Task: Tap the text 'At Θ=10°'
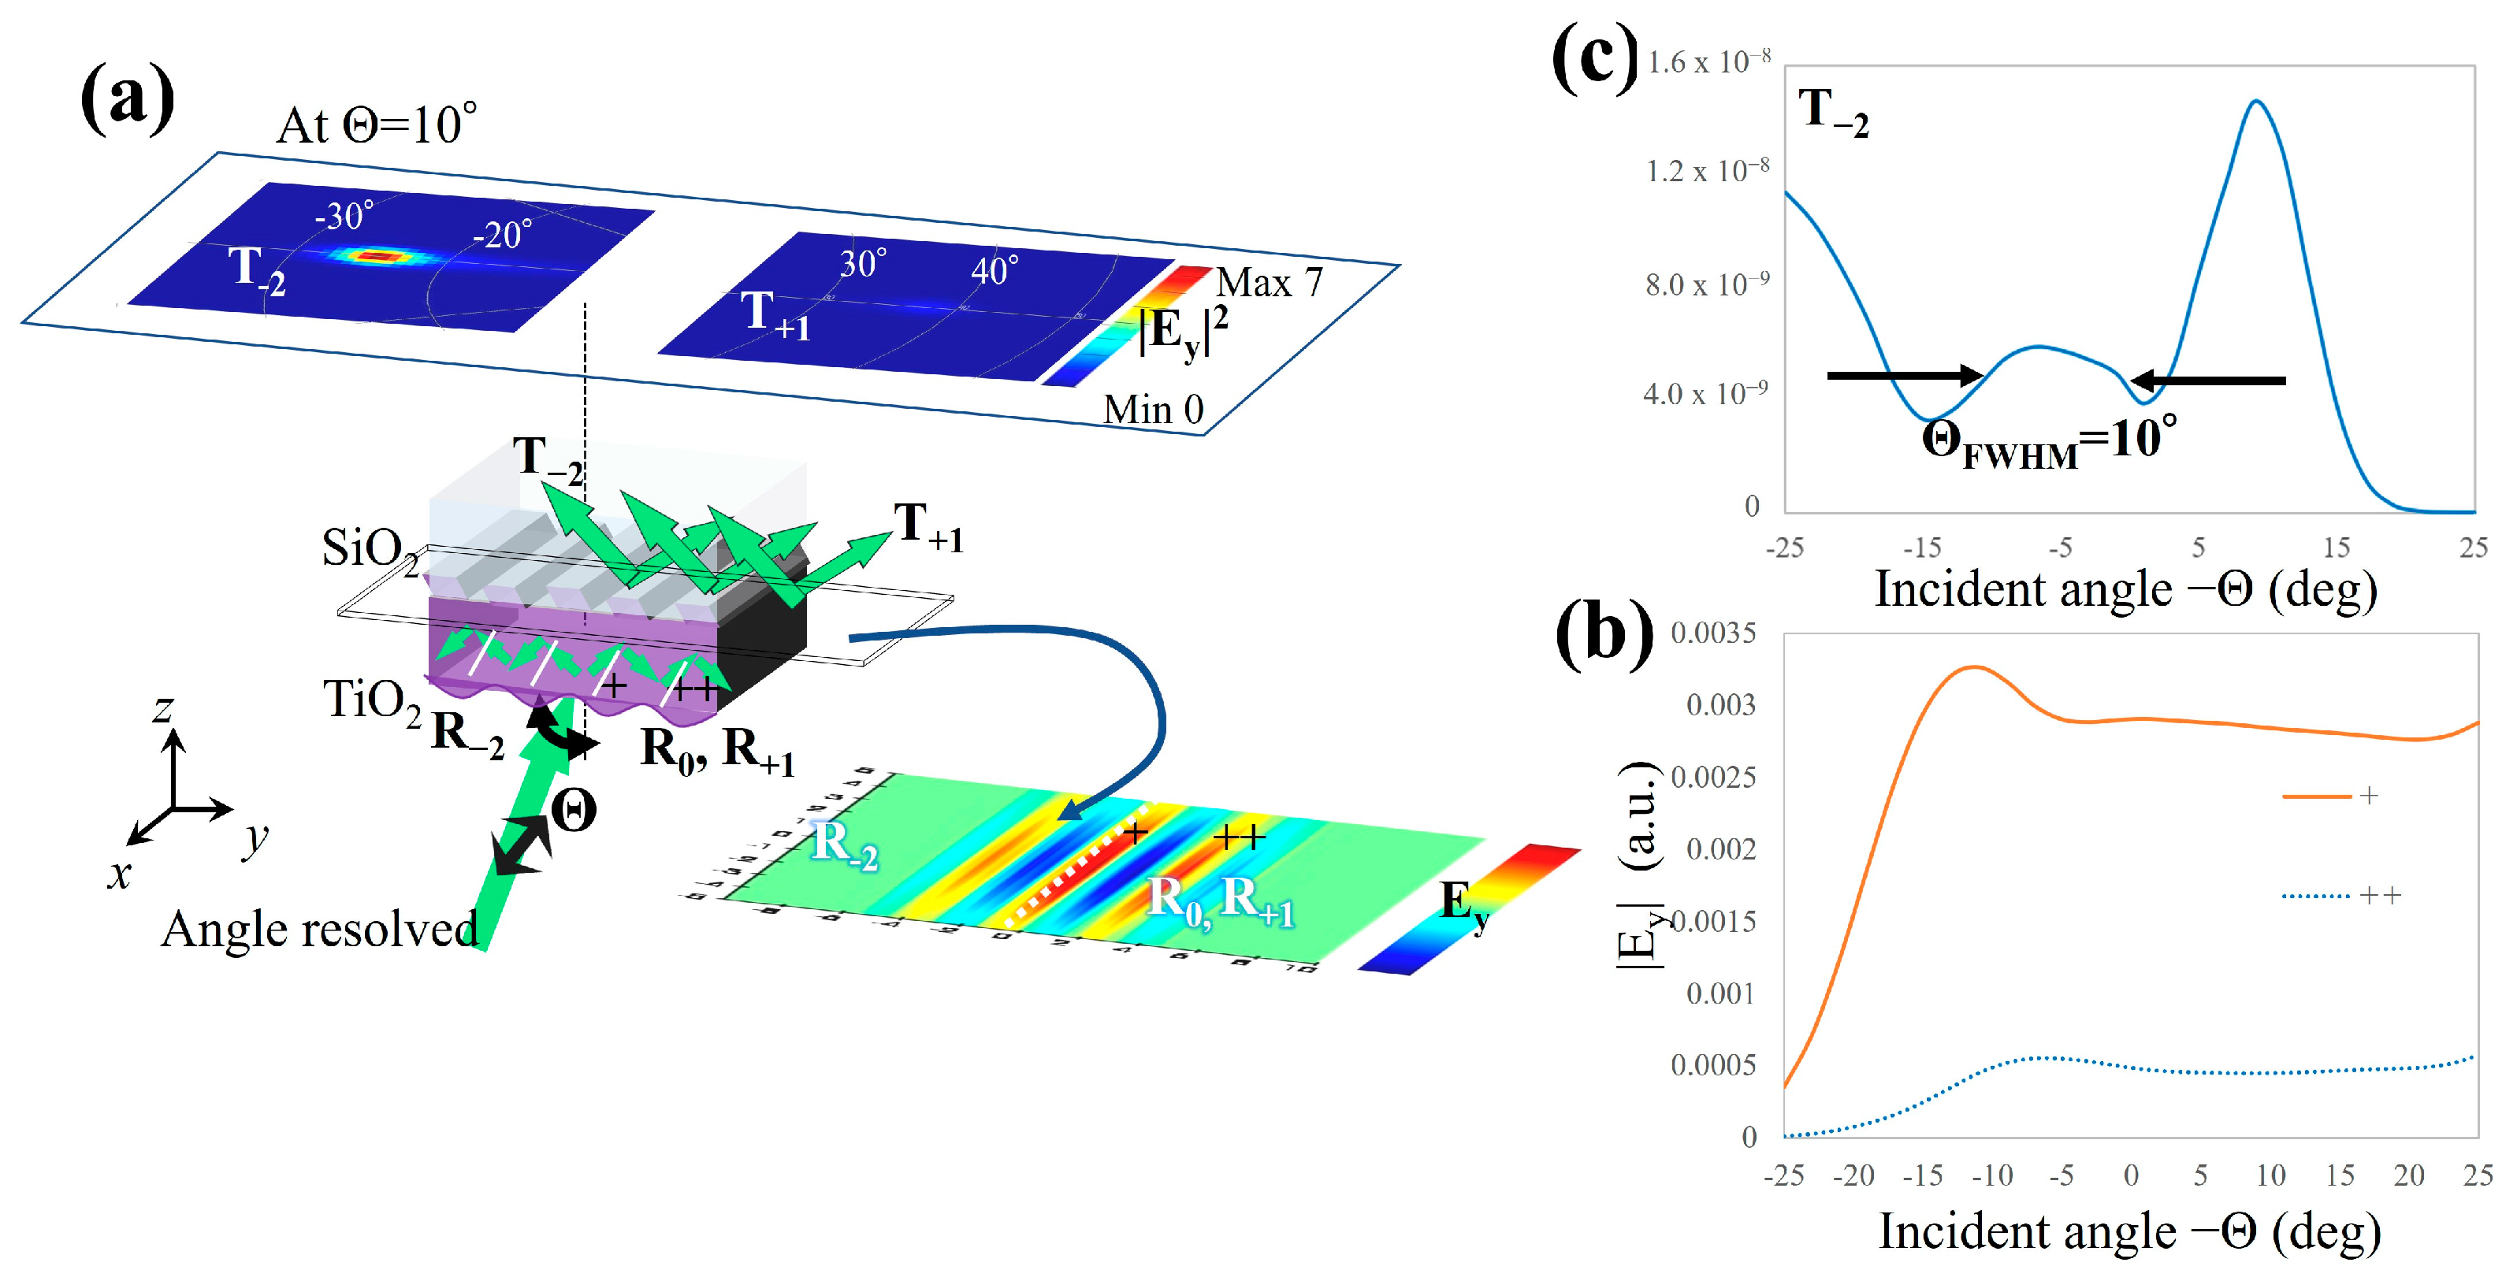(377, 125)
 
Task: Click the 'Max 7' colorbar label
(1268, 282)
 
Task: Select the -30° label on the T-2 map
(344, 215)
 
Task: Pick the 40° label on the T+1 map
(995, 269)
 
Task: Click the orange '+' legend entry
(2330, 796)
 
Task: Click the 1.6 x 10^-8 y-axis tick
(1708, 61)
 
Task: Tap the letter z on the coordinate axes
(163, 707)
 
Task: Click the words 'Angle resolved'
(319, 930)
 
